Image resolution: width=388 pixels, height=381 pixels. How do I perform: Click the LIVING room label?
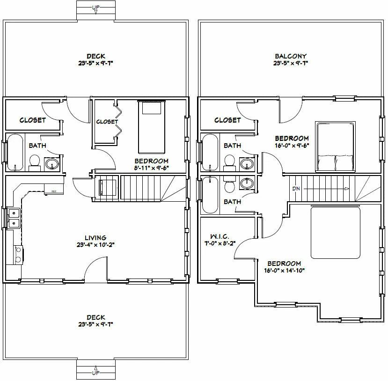(95, 238)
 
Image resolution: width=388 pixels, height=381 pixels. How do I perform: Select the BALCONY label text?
(290, 56)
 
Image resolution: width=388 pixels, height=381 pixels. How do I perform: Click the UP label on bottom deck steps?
(95, 373)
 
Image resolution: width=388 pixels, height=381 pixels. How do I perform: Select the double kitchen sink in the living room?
(14, 218)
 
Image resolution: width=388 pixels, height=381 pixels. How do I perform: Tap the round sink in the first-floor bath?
(52, 164)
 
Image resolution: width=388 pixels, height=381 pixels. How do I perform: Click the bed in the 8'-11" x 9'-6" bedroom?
(152, 127)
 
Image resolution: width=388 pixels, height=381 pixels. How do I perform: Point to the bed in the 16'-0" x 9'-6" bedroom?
(334, 146)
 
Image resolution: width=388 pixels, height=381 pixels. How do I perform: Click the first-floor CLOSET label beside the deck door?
(32, 120)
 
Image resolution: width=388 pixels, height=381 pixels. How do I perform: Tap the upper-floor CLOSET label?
(227, 120)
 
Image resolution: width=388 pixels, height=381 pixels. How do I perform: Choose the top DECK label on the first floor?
(95, 56)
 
